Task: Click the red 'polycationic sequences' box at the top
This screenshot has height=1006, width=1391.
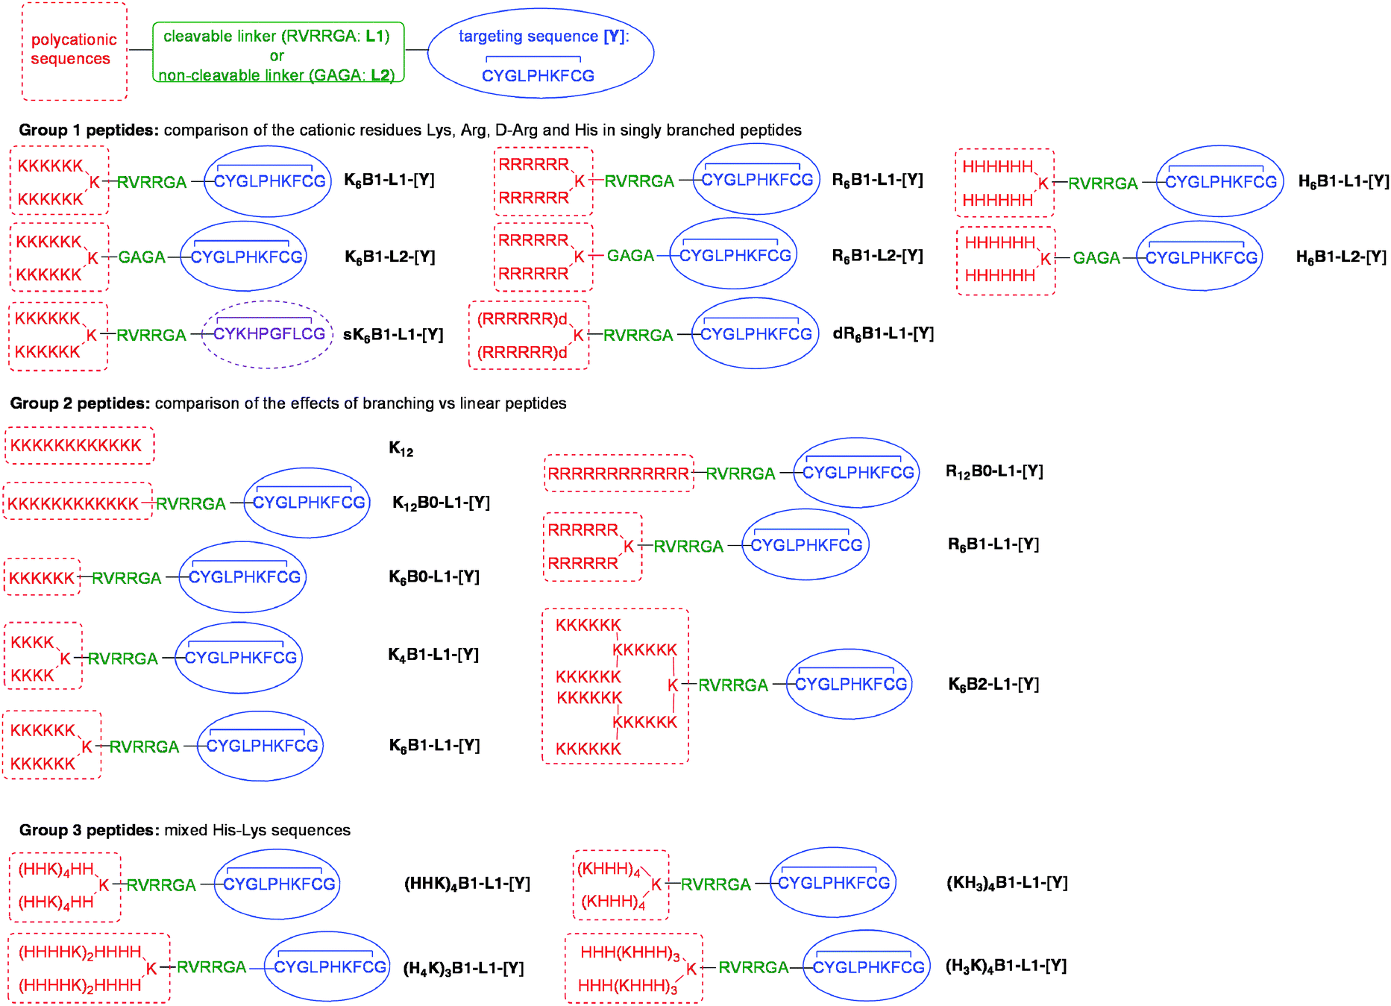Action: coord(74,51)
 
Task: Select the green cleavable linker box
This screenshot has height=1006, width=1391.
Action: coord(277,52)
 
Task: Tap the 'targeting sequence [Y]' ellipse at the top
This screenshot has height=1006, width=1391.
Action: coord(541,53)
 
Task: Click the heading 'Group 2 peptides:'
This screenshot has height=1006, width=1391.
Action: coord(80,403)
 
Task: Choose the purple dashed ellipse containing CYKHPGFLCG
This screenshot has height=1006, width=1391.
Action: coord(268,335)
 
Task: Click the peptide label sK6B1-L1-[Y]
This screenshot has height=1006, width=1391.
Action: coord(393,335)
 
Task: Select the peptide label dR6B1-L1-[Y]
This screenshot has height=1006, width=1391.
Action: coord(883,333)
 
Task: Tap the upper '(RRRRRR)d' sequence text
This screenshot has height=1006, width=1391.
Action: coord(522,319)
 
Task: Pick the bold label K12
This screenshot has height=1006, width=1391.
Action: coord(401,449)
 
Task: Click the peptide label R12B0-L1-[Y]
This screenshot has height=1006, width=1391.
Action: coord(994,471)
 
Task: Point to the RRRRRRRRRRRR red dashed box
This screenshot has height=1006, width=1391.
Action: coord(618,474)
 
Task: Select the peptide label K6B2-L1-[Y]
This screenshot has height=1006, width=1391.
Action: coord(993,684)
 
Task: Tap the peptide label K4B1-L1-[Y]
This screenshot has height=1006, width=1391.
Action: coord(433,655)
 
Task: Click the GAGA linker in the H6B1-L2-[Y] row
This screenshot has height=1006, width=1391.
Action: coord(1096,258)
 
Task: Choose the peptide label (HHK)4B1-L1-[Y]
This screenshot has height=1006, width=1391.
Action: coord(467,884)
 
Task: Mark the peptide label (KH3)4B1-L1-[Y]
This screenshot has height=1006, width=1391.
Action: coord(1007,883)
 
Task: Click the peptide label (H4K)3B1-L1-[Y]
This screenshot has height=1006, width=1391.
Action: coord(463,969)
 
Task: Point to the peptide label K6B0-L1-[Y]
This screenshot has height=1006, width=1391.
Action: coord(434,576)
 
